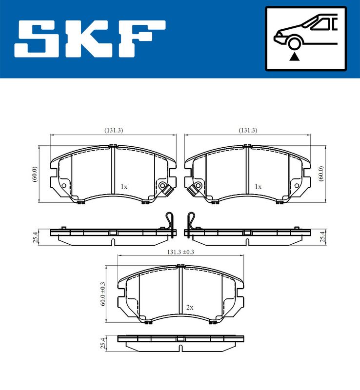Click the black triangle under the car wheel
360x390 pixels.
(294, 57)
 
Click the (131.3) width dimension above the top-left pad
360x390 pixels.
(113, 130)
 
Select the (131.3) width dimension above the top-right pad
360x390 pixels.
(248, 130)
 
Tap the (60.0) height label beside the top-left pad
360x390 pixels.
(35, 174)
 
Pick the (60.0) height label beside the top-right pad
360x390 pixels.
(320, 174)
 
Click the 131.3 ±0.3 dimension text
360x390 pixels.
(180, 252)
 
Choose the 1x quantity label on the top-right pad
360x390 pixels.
(258, 187)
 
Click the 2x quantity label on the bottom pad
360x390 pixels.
(190, 308)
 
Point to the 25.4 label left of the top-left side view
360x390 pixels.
(35, 237)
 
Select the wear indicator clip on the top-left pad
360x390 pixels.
(165, 188)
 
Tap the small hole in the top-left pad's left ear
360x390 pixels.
(63, 186)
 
